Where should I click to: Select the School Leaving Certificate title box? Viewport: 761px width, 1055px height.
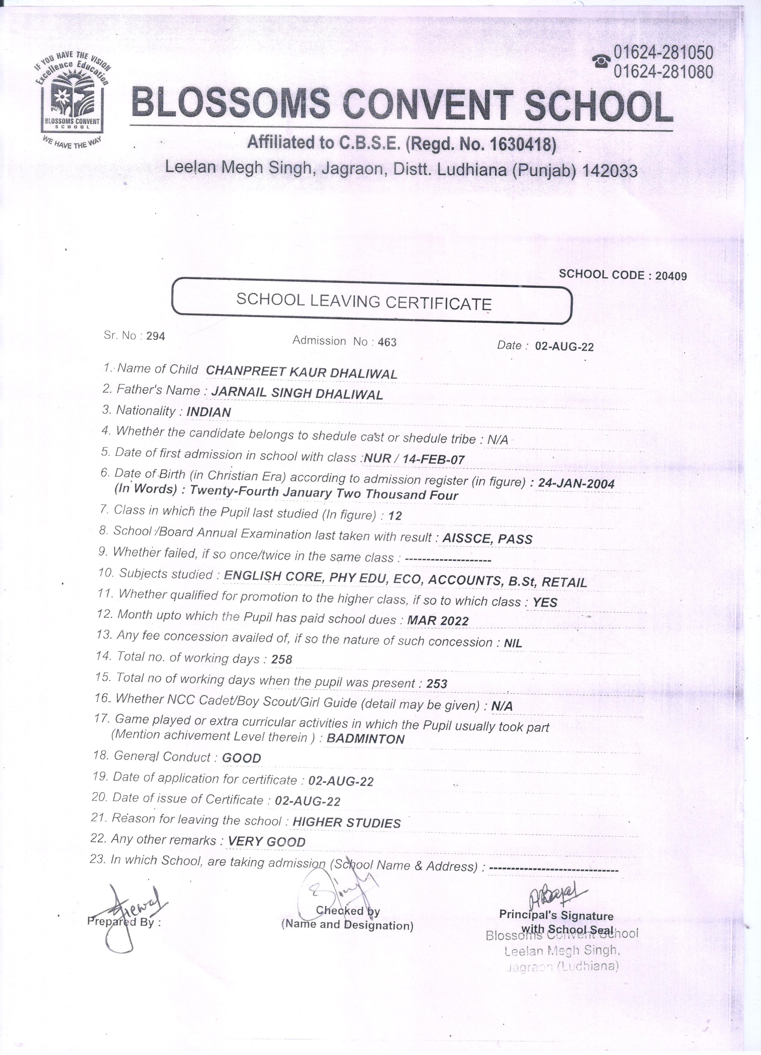371,301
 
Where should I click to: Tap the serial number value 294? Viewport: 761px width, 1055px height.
155,336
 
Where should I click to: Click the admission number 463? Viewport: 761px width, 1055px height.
387,342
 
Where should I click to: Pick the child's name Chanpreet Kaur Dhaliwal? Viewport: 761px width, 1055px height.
301,373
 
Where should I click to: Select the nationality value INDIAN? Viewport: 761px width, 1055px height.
209,412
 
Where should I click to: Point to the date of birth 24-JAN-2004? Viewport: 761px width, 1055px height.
576,484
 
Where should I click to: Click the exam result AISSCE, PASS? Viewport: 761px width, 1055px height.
487,539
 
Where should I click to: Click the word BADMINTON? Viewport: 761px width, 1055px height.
365,739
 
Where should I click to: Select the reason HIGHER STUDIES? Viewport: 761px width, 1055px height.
346,823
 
